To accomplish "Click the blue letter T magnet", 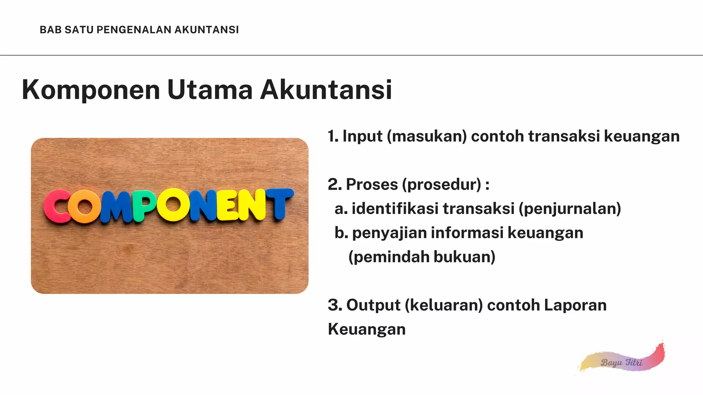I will point(279,203).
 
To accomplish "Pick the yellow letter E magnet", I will point(228,205).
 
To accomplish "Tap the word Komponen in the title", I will point(91,90).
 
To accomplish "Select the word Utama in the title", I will point(210,90).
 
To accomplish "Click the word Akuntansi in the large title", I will point(326,90).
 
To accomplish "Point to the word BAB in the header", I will point(50,30).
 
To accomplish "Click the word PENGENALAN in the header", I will point(134,30).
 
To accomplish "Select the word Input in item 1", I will point(362,136).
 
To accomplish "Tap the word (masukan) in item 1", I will point(427,136).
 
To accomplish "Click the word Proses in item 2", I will point(372,185).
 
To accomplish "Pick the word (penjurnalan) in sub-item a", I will point(570,209).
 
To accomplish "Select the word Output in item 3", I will point(373,305).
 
